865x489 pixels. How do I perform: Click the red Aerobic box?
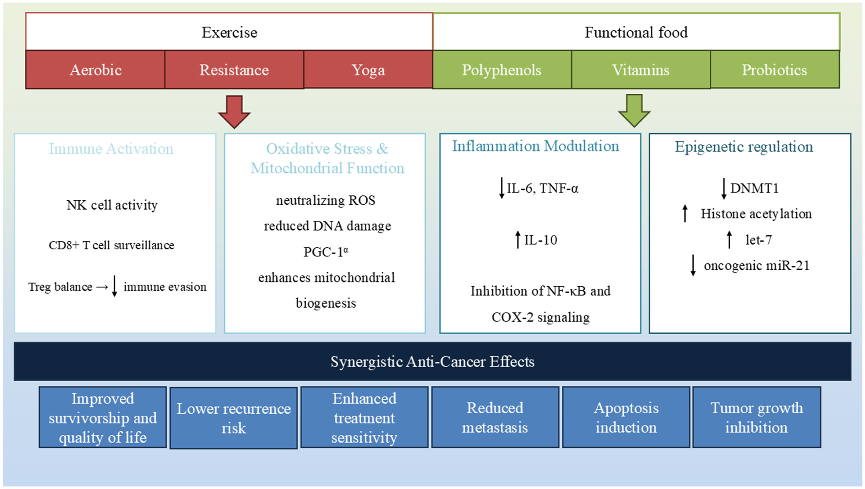click(95, 70)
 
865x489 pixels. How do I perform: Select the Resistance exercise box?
click(234, 70)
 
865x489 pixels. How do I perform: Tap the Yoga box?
click(368, 70)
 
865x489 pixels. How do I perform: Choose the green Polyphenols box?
click(501, 70)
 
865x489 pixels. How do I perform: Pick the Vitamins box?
click(640, 70)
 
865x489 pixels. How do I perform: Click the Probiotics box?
click(774, 70)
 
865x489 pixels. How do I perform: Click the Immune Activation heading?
click(111, 149)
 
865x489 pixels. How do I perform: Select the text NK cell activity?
click(112, 205)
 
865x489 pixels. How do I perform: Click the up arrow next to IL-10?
click(518, 240)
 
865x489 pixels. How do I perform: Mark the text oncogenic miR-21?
click(756, 266)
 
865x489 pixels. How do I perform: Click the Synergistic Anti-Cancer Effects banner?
click(432, 361)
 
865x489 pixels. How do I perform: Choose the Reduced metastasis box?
click(494, 418)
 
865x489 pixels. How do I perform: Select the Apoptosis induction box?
click(626, 418)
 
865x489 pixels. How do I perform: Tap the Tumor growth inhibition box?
click(756, 418)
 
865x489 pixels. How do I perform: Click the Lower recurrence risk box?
click(233, 418)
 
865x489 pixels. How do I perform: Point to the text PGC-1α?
click(326, 252)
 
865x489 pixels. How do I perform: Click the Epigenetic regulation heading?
click(743, 147)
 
